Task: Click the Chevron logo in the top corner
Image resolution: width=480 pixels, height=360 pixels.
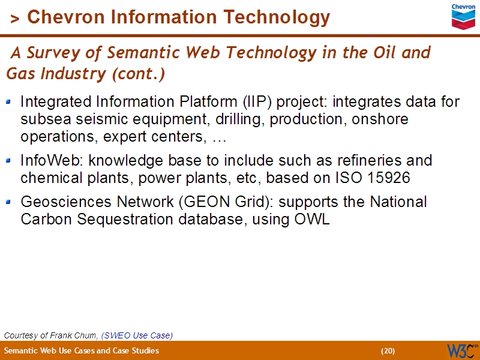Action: point(463,17)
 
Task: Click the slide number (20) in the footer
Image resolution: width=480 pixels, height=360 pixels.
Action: point(388,351)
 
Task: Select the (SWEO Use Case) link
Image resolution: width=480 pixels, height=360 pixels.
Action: point(137,335)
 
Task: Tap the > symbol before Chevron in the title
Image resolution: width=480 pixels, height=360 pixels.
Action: point(15,19)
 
